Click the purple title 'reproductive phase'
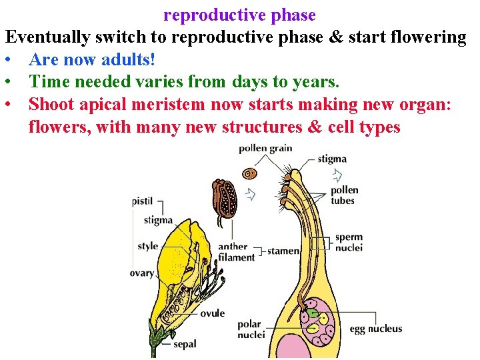239,15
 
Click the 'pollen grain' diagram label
265,148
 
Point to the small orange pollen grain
249,173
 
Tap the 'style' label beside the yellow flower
148,246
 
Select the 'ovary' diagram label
142,273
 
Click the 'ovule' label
212,313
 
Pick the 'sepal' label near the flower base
185,344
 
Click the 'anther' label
233,247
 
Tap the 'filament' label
236,257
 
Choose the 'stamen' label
283,251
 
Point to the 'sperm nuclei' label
349,242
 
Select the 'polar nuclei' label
251,329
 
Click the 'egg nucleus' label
376,329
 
